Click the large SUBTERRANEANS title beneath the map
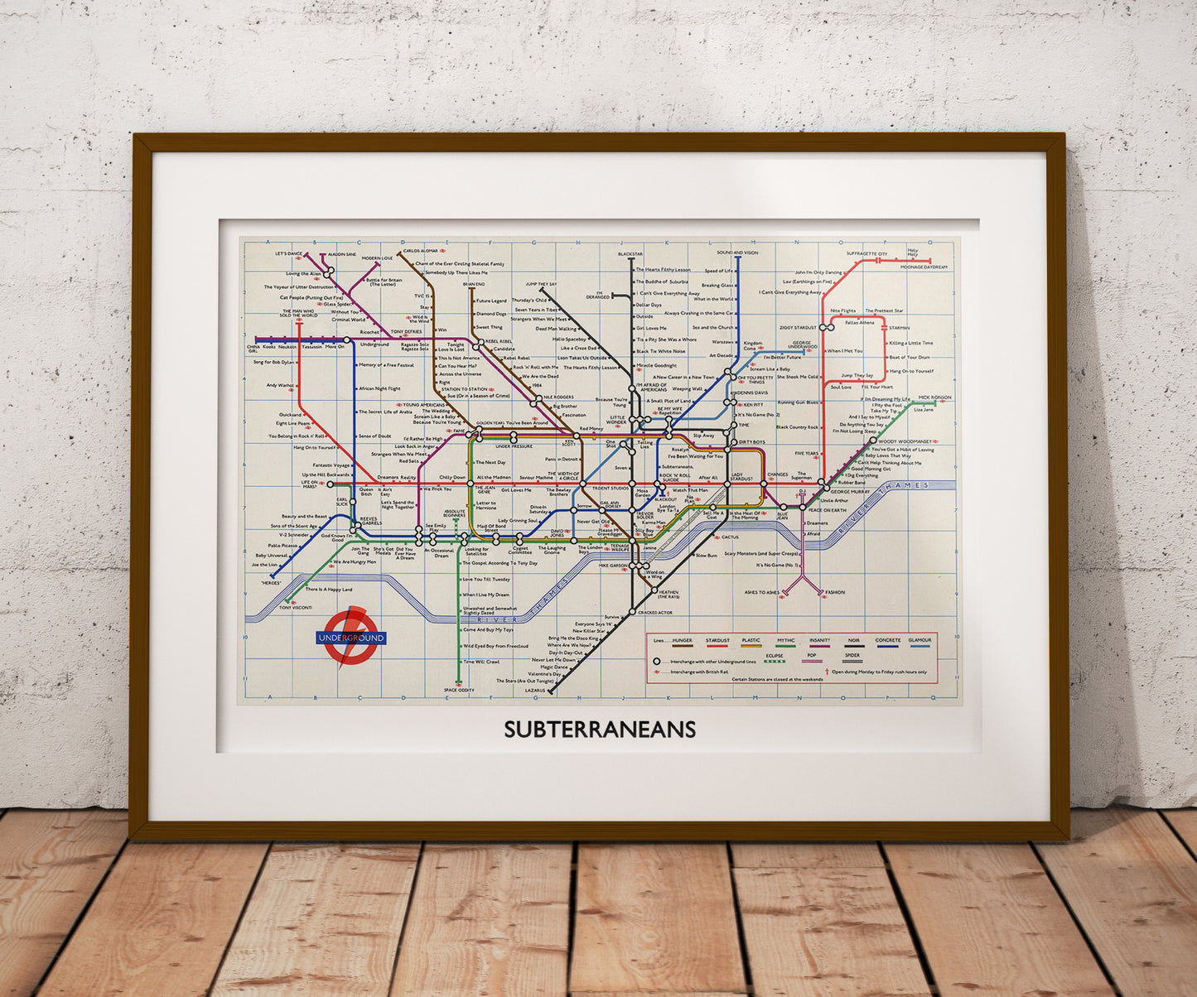pos(600,730)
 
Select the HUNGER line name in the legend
pos(683,640)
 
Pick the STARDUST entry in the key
pos(717,640)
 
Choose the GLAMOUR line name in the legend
pos(919,640)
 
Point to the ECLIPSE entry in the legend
pos(775,655)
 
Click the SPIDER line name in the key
pos(852,655)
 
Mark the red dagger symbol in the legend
pos(827,672)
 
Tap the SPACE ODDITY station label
pos(459,690)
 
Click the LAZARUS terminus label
pos(535,690)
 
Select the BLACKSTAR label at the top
pos(630,253)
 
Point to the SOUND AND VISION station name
pos(737,253)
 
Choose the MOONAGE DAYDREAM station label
pos(924,267)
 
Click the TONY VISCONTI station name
pos(295,608)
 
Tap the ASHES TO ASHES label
pos(761,592)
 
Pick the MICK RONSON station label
pos(934,397)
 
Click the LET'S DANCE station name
pos(289,253)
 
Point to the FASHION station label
pos(834,592)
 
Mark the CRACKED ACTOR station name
pos(654,612)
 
